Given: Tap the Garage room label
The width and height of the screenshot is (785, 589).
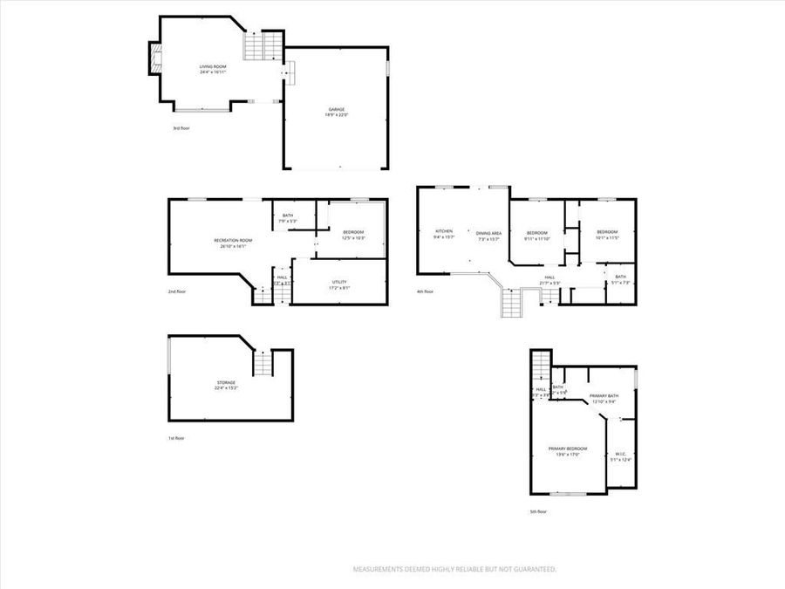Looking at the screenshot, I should click(x=337, y=109).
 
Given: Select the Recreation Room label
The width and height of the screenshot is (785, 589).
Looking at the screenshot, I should click(x=233, y=240).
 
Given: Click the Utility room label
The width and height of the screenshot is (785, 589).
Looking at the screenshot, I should click(x=339, y=281).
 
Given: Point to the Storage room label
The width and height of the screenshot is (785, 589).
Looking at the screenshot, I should click(x=227, y=383).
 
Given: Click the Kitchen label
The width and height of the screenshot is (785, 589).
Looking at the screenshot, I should click(x=443, y=231).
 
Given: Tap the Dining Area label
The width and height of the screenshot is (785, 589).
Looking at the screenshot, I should click(x=488, y=233).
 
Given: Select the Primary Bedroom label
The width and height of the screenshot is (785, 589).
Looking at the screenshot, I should click(x=568, y=449).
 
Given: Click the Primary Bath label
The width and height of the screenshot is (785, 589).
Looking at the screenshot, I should click(x=604, y=395).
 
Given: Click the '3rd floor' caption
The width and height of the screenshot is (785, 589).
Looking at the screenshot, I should click(x=181, y=128).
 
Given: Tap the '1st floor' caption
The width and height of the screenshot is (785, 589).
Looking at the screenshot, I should click(x=176, y=438).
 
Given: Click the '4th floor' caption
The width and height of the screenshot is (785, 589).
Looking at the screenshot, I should click(x=425, y=291).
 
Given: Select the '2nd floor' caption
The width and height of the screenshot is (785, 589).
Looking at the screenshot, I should click(x=177, y=291).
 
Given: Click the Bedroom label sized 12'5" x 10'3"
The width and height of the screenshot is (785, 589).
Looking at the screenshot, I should click(x=353, y=231).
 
